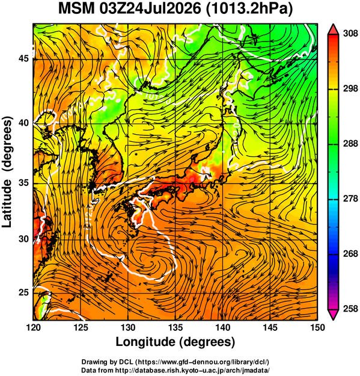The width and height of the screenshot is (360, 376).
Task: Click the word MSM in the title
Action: [x=76, y=9]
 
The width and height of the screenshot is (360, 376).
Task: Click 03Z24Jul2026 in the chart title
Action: [x=150, y=9]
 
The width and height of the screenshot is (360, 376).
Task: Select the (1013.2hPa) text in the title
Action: [x=249, y=10]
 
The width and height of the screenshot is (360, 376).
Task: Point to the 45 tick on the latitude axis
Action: [x=23, y=58]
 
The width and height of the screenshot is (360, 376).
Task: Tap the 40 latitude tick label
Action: [x=23, y=123]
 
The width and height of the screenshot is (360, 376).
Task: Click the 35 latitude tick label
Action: [x=23, y=183]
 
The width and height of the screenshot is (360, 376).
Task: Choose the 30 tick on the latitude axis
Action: [x=23, y=239]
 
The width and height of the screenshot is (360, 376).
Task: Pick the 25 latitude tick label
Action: [x=23, y=292]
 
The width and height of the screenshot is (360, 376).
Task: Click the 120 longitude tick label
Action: [x=33, y=327]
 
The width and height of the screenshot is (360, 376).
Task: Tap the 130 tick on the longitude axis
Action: [x=128, y=327]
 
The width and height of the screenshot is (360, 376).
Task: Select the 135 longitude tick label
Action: [x=175, y=327]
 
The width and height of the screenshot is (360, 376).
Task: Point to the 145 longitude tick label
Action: [x=270, y=327]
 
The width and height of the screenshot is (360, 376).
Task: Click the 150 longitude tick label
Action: [x=317, y=327]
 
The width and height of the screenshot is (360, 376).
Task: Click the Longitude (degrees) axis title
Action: [x=175, y=342]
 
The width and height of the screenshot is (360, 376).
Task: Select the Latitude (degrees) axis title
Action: [x=7, y=172]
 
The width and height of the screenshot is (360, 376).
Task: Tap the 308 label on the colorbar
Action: [x=350, y=34]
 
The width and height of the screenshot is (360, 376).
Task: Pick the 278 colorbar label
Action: [x=350, y=199]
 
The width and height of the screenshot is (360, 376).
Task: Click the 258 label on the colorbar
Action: [x=350, y=309]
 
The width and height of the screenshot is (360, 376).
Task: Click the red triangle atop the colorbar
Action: [x=333, y=29]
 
